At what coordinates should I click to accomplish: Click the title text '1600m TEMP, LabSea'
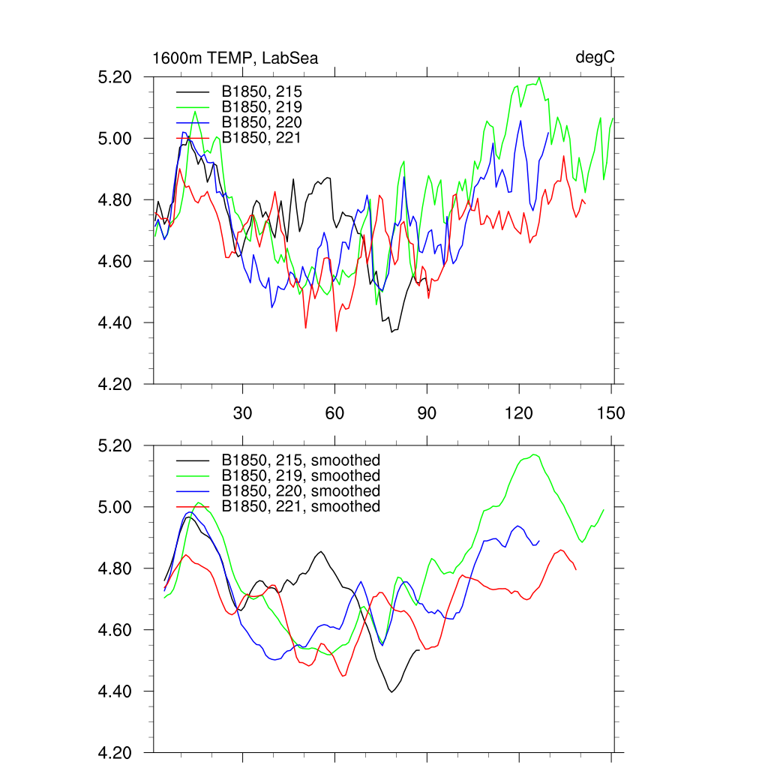coord(235,58)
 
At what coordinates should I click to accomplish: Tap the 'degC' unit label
coord(595,58)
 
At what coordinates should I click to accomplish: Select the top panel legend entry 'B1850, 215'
coord(261,91)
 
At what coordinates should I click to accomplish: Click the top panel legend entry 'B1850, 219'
coord(261,106)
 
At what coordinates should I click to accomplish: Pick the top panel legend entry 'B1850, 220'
coord(261,122)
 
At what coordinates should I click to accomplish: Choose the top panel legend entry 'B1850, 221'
coord(261,138)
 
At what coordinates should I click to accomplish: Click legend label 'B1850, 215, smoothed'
coord(300,460)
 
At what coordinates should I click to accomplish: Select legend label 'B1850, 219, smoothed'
coord(300,475)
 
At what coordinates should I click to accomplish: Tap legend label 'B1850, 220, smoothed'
coord(300,491)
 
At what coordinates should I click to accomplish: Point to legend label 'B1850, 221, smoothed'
coord(300,507)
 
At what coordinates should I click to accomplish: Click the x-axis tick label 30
coord(243,413)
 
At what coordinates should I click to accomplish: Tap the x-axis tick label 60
coord(334,413)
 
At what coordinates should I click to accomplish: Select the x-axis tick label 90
coord(427,413)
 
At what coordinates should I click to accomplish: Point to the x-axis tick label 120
coord(519,413)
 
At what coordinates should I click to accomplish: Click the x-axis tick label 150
coord(611,413)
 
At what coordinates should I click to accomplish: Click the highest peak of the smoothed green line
coord(535,454)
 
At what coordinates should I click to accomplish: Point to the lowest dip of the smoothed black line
coord(391,691)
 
